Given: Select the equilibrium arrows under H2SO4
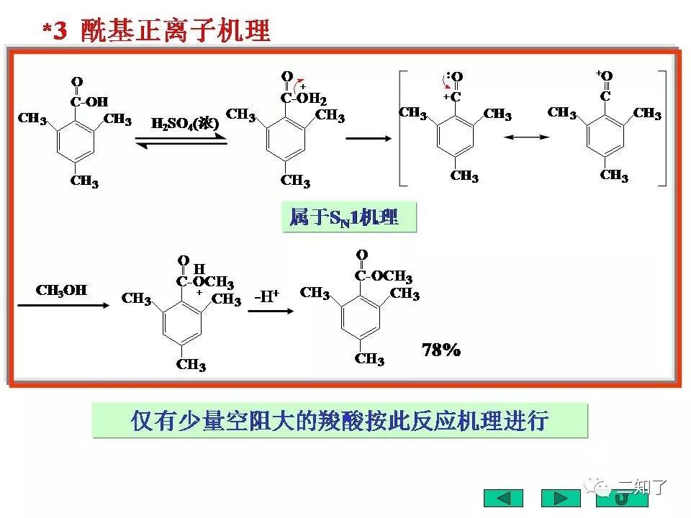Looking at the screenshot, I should pyautogui.click(x=181, y=141).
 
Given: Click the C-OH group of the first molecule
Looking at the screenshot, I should pyautogui.click(x=89, y=102).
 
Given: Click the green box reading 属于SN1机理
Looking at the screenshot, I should pyautogui.click(x=348, y=218).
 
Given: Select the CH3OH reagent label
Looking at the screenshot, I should pyautogui.click(x=61, y=290).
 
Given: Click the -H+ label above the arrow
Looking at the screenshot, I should pyautogui.click(x=266, y=296).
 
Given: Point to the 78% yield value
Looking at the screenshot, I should pyautogui.click(x=441, y=350).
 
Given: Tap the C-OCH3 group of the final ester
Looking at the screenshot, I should pyautogui.click(x=383, y=277).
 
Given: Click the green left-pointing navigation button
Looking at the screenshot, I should pyautogui.click(x=503, y=497).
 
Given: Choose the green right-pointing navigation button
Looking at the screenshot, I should pyautogui.click(x=560, y=497).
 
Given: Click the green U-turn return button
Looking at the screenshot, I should pyautogui.click(x=621, y=498).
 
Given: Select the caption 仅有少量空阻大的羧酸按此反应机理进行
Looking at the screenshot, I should pyautogui.click(x=340, y=421).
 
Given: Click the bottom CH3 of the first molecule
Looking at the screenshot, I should pyautogui.click(x=84, y=181).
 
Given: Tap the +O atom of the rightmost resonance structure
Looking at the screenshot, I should pyautogui.click(x=605, y=76).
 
